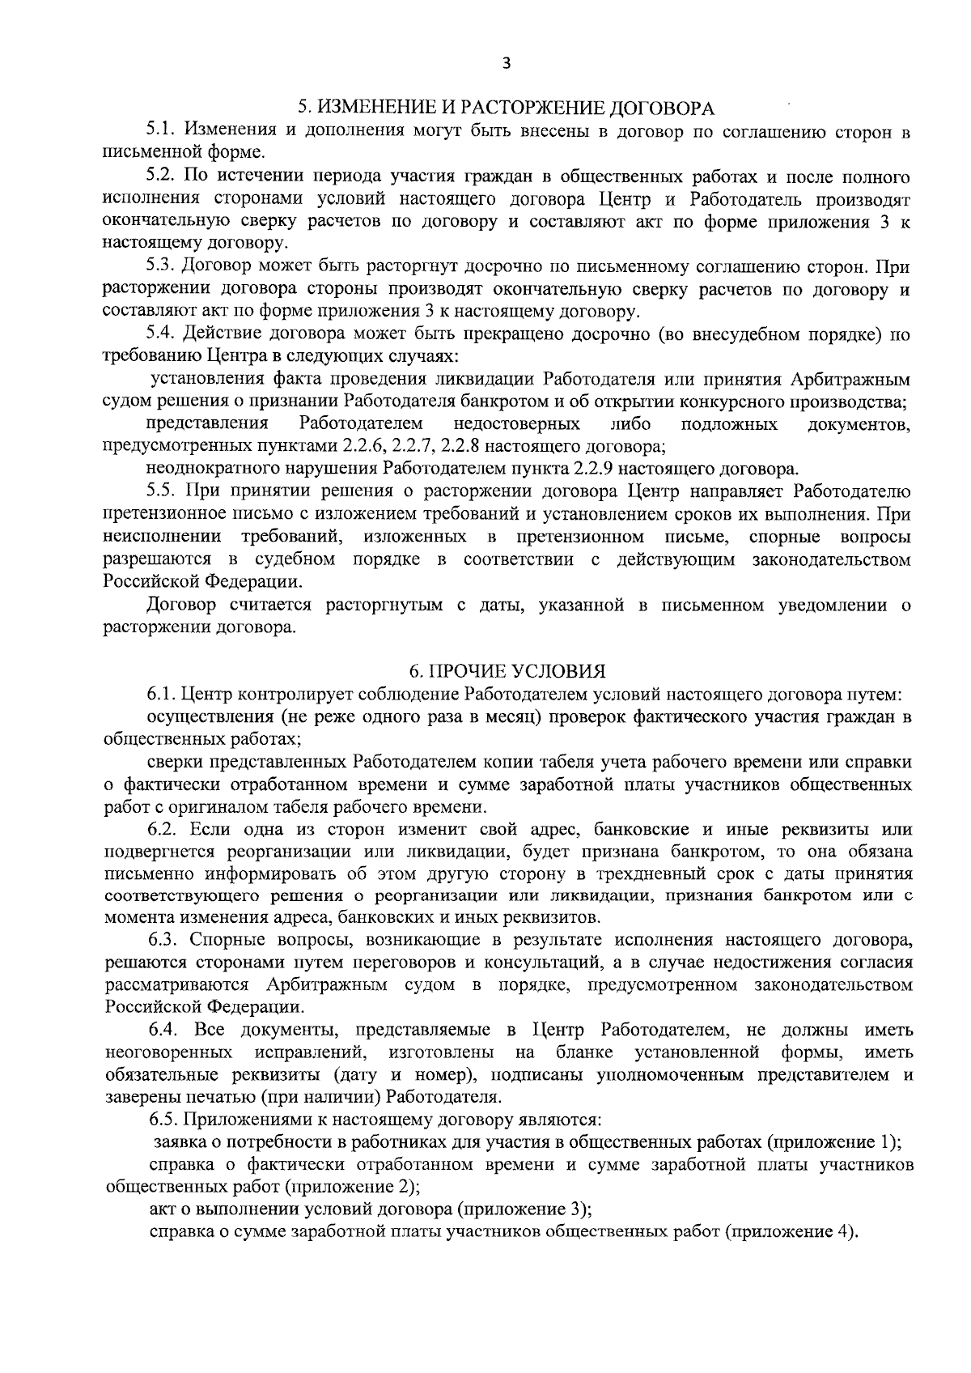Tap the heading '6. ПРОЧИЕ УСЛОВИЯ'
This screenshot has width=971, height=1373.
tap(507, 671)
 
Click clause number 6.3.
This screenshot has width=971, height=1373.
tap(165, 940)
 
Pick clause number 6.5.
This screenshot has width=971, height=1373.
tap(165, 1120)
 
